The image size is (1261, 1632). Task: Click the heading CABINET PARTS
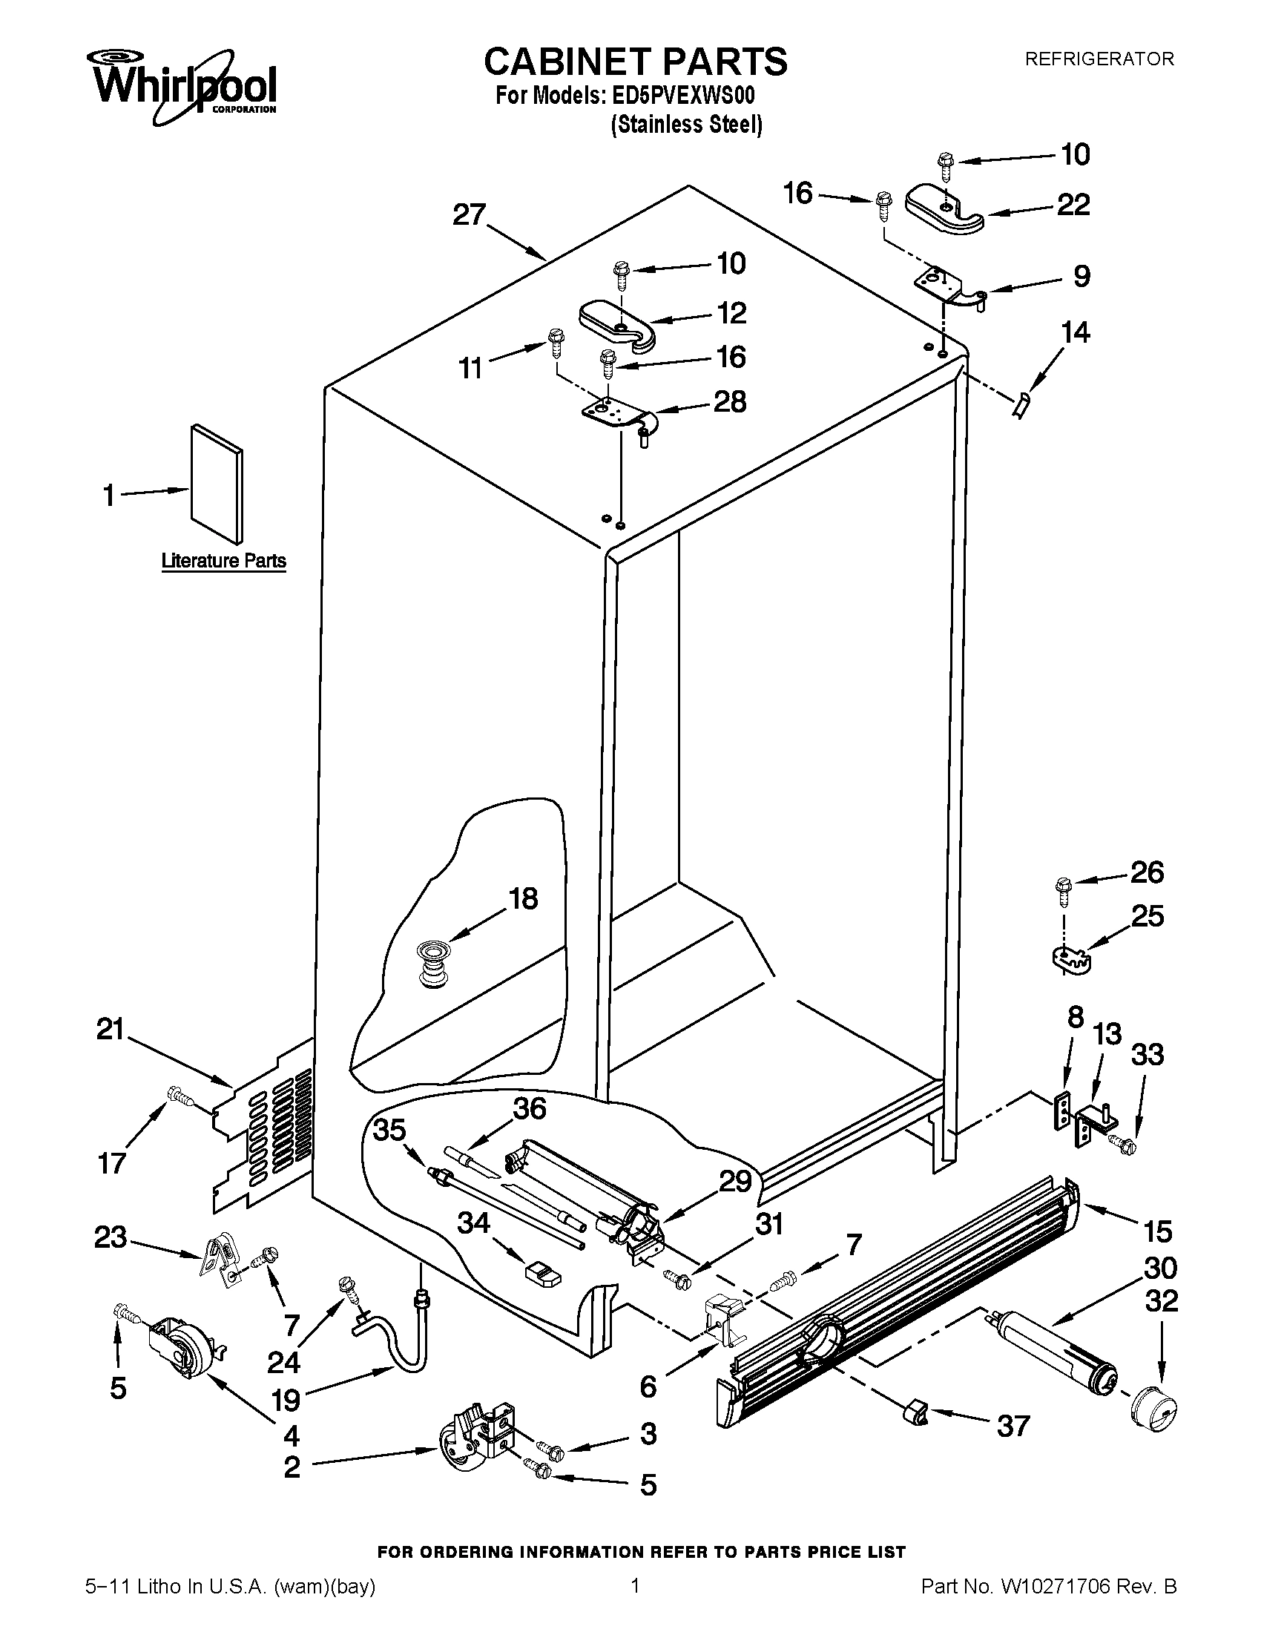[635, 62]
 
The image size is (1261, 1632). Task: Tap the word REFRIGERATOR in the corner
[1098, 59]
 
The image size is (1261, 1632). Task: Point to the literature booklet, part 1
[217, 484]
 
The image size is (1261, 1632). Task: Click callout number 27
[469, 215]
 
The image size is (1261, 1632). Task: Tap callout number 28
[730, 402]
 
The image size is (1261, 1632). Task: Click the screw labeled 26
[1062, 889]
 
